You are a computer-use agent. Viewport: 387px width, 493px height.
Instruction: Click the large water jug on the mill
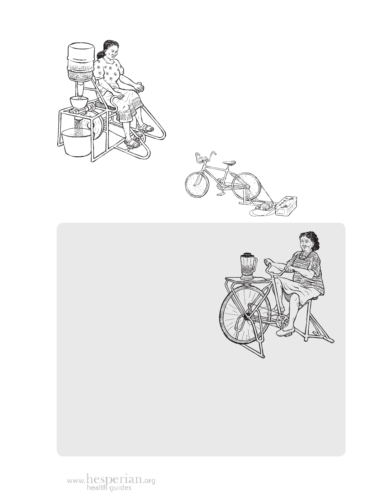pos(81,61)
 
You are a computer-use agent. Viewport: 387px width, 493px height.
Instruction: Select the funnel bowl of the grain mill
pos(79,102)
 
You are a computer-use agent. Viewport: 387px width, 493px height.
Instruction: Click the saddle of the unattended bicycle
pos(229,162)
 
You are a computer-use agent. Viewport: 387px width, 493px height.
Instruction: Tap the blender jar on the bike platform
pos(248,267)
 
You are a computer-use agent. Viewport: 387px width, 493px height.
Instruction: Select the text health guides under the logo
pos(109,487)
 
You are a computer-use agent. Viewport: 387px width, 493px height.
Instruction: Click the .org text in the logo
pos(149,479)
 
